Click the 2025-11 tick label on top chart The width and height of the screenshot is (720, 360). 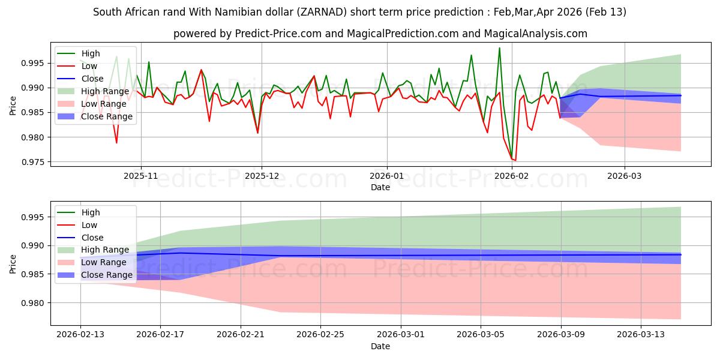tap(140, 176)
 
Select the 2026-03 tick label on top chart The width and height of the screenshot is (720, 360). tap(624, 176)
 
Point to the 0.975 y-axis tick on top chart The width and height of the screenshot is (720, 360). tap(35, 162)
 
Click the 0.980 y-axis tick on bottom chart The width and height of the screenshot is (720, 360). tap(35, 303)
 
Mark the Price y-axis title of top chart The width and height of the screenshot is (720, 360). tap(13, 104)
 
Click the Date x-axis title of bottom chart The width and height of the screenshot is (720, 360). tap(380, 346)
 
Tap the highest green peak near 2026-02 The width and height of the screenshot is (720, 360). tap(499, 48)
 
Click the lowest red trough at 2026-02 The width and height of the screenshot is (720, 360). tap(515, 161)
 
